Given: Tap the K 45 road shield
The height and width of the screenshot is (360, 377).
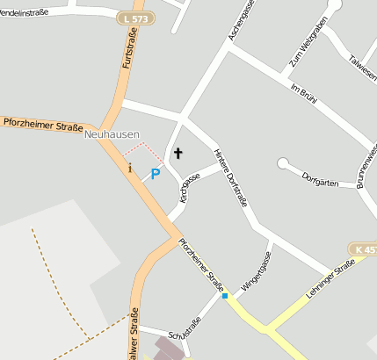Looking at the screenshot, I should click(x=363, y=250).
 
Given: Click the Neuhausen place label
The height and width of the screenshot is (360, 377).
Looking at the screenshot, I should click(x=112, y=134).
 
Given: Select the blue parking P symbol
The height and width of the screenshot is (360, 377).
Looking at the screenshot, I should click(x=156, y=174).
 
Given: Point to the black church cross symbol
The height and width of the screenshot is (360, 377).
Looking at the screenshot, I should click(x=178, y=154).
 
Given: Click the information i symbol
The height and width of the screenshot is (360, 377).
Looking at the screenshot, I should click(x=130, y=167).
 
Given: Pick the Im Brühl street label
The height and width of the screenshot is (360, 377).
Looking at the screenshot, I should click(x=303, y=90).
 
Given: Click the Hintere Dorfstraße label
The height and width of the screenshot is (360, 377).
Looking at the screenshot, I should click(x=231, y=176).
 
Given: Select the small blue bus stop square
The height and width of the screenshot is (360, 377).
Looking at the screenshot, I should click(x=225, y=297).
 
